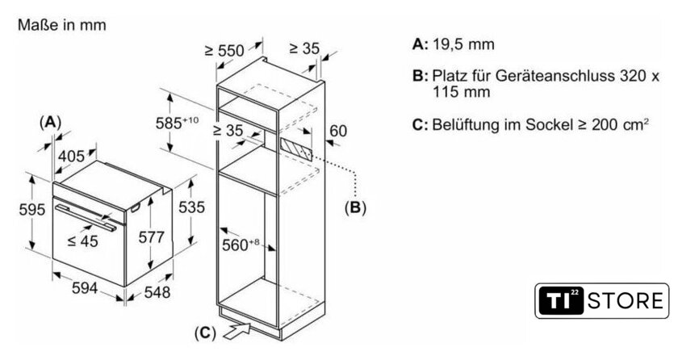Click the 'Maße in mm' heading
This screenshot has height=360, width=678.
coord(61,26)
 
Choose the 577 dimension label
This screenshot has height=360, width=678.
coord(151,238)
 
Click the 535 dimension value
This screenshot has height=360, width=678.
coord(191,207)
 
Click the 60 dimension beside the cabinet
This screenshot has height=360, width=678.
coord(338,131)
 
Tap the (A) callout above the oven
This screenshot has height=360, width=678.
coord(50,122)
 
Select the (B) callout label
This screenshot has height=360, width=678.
coord(354,207)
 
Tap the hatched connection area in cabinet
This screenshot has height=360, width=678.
coord(296,149)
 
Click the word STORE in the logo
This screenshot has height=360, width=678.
coord(627,303)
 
